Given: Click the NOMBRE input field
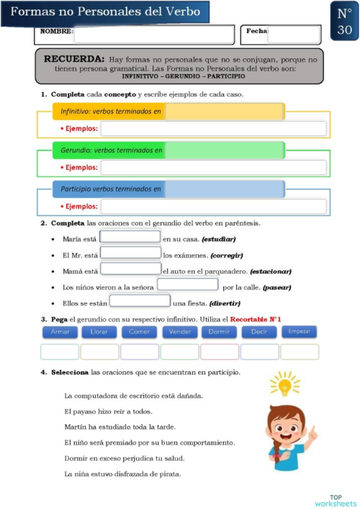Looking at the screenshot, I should point(154,34).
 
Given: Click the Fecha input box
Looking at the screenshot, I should point(294,34).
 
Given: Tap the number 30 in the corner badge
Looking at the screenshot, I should point(343,30).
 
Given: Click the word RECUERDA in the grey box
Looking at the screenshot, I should point(74,58).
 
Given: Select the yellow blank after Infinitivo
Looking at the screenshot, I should point(224,112).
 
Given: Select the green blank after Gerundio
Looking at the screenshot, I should point(224,151).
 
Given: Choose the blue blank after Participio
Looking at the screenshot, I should point(224,189).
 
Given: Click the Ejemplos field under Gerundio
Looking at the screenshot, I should point(213,167).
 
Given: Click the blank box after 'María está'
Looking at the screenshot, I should point(130,237).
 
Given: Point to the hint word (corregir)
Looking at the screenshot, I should point(228,255).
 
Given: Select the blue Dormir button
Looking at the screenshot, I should point(219,332).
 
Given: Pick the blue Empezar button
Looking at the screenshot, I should point(298,331).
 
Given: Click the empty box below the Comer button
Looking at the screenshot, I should point(139,352).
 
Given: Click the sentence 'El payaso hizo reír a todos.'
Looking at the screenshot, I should point(108,411).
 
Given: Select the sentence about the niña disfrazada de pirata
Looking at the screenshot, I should point(122,473).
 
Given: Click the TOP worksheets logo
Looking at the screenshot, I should point(336,500).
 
